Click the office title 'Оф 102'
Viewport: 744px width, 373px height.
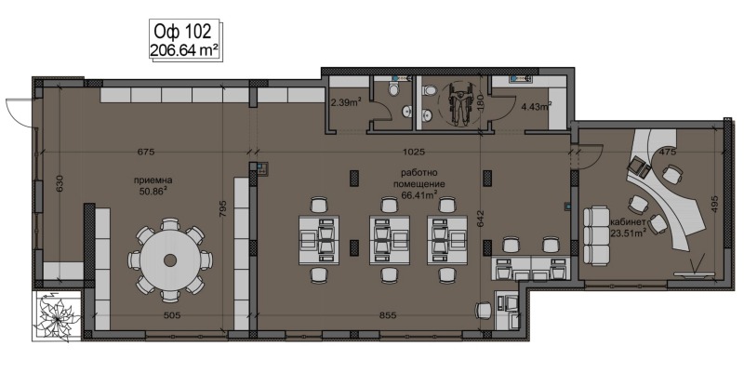click(x=181, y=32)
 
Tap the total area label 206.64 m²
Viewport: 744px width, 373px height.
click(x=184, y=50)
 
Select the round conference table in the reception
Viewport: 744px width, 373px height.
click(x=170, y=260)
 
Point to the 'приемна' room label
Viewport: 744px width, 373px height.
click(x=153, y=180)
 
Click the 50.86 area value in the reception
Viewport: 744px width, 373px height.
click(x=153, y=191)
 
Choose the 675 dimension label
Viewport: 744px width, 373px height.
click(x=146, y=153)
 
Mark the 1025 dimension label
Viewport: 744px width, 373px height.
click(x=413, y=153)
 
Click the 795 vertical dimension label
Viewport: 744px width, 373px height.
click(x=223, y=209)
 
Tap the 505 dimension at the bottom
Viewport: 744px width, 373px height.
click(x=171, y=315)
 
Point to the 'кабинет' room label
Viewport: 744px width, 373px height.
click(x=628, y=222)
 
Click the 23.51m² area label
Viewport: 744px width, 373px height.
click(x=629, y=233)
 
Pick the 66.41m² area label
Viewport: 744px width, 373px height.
click(x=418, y=194)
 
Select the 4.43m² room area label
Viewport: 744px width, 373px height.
click(x=537, y=106)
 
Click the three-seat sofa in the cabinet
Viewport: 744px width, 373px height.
click(x=596, y=236)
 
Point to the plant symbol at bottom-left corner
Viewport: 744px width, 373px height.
click(x=58, y=314)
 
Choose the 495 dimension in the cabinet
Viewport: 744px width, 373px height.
click(x=714, y=205)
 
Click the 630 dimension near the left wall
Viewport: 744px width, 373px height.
click(x=60, y=183)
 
